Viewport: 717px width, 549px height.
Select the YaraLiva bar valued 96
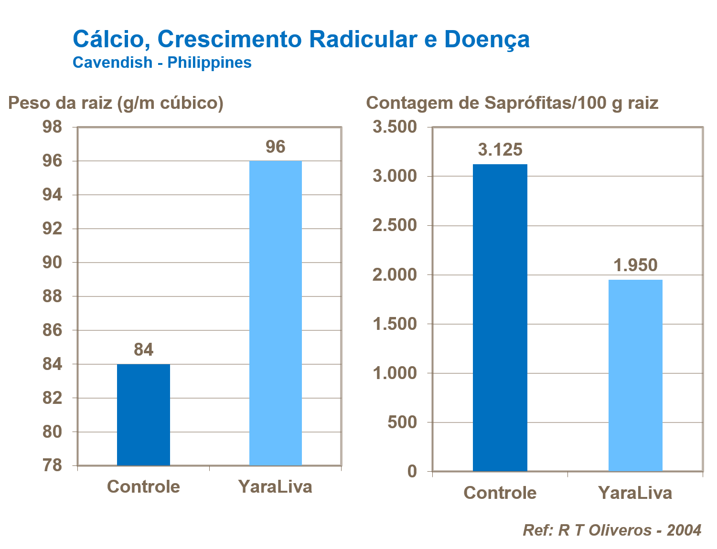276,313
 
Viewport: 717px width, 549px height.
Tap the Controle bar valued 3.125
500,317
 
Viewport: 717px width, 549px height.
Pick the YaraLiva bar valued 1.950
635,375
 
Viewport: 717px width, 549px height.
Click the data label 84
143,350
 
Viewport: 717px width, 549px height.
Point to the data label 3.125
500,150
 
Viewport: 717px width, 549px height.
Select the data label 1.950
635,265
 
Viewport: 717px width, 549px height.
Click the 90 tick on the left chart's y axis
53,263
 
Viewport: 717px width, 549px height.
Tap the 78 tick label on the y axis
53,465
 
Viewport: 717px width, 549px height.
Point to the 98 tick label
53,127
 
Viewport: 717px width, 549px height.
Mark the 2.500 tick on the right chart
395,225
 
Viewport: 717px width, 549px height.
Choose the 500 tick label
402,422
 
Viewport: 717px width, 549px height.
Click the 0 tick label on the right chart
412,472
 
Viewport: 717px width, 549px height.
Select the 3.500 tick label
395,127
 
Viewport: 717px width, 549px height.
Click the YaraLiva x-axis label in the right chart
635,493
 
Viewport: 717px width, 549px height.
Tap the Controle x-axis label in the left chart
143,486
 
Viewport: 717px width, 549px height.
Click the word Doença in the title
487,39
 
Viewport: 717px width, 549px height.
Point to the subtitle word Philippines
209,63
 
